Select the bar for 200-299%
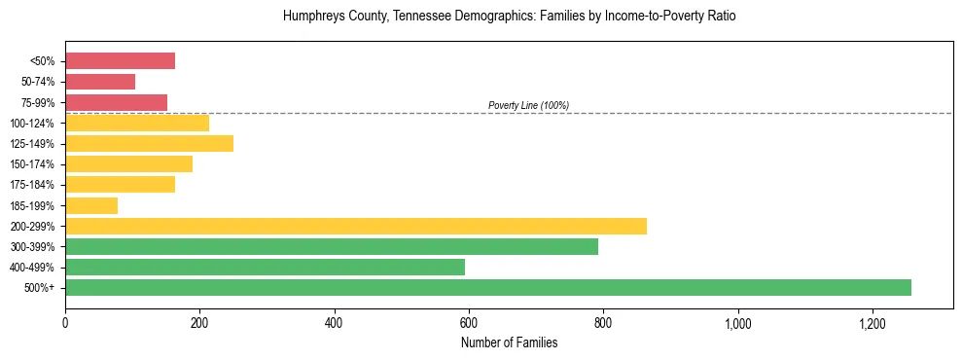[x=356, y=226]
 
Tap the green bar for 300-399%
[x=332, y=246]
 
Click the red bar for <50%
[x=120, y=61]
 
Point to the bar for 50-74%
[x=100, y=82]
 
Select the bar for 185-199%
[x=91, y=205]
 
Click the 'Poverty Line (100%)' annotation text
[x=528, y=105]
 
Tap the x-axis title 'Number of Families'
[x=509, y=342]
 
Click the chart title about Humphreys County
[x=509, y=17]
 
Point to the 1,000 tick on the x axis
[x=737, y=321]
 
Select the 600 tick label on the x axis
[x=469, y=321]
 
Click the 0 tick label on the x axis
[x=65, y=321]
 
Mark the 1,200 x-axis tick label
[x=872, y=321]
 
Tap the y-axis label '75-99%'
[x=38, y=103]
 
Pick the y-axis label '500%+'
[x=40, y=288]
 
